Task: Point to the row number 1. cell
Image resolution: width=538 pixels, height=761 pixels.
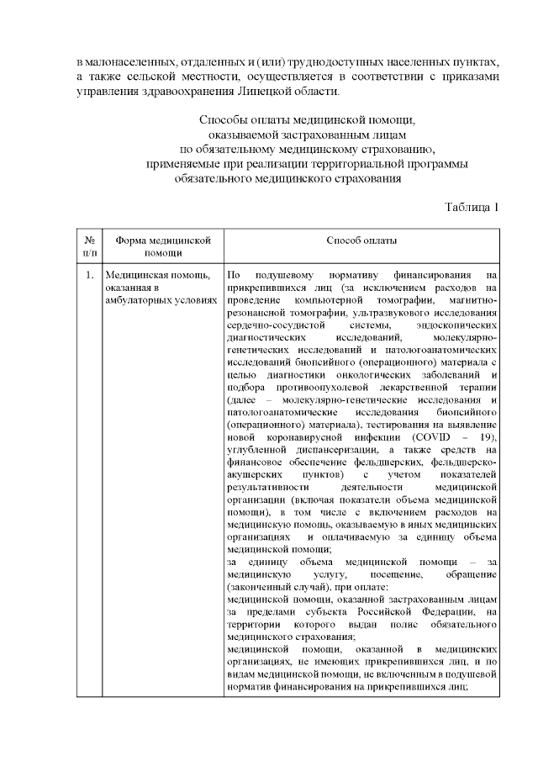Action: pos(89,275)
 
